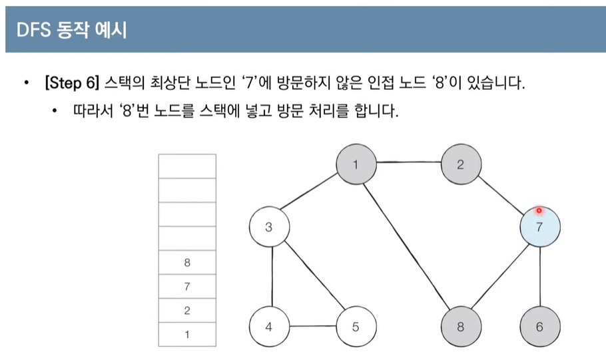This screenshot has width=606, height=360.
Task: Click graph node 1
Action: [x=356, y=164]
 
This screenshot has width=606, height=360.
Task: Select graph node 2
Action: [x=460, y=164]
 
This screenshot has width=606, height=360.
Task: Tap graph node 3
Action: [x=268, y=227]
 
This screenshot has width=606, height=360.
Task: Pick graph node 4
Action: [x=268, y=327]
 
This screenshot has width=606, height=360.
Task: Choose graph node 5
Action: [x=356, y=327]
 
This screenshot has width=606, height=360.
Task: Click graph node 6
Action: [x=539, y=327]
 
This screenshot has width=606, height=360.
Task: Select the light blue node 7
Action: [x=539, y=227]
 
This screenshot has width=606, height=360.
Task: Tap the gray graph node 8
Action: [x=461, y=327]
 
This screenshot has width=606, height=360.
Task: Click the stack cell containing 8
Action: [x=187, y=263]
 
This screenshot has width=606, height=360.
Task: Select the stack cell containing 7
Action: [x=187, y=287]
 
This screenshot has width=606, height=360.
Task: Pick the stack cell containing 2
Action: [x=187, y=311]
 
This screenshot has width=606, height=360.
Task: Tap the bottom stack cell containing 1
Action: [x=187, y=334]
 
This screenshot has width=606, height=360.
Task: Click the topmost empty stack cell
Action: [x=187, y=166]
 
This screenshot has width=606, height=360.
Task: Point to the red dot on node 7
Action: [x=539, y=211]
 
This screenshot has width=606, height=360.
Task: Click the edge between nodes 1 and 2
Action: [x=408, y=163]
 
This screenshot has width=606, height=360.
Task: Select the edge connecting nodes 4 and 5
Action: [x=312, y=327]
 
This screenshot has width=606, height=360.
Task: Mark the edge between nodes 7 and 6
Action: [x=539, y=277]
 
